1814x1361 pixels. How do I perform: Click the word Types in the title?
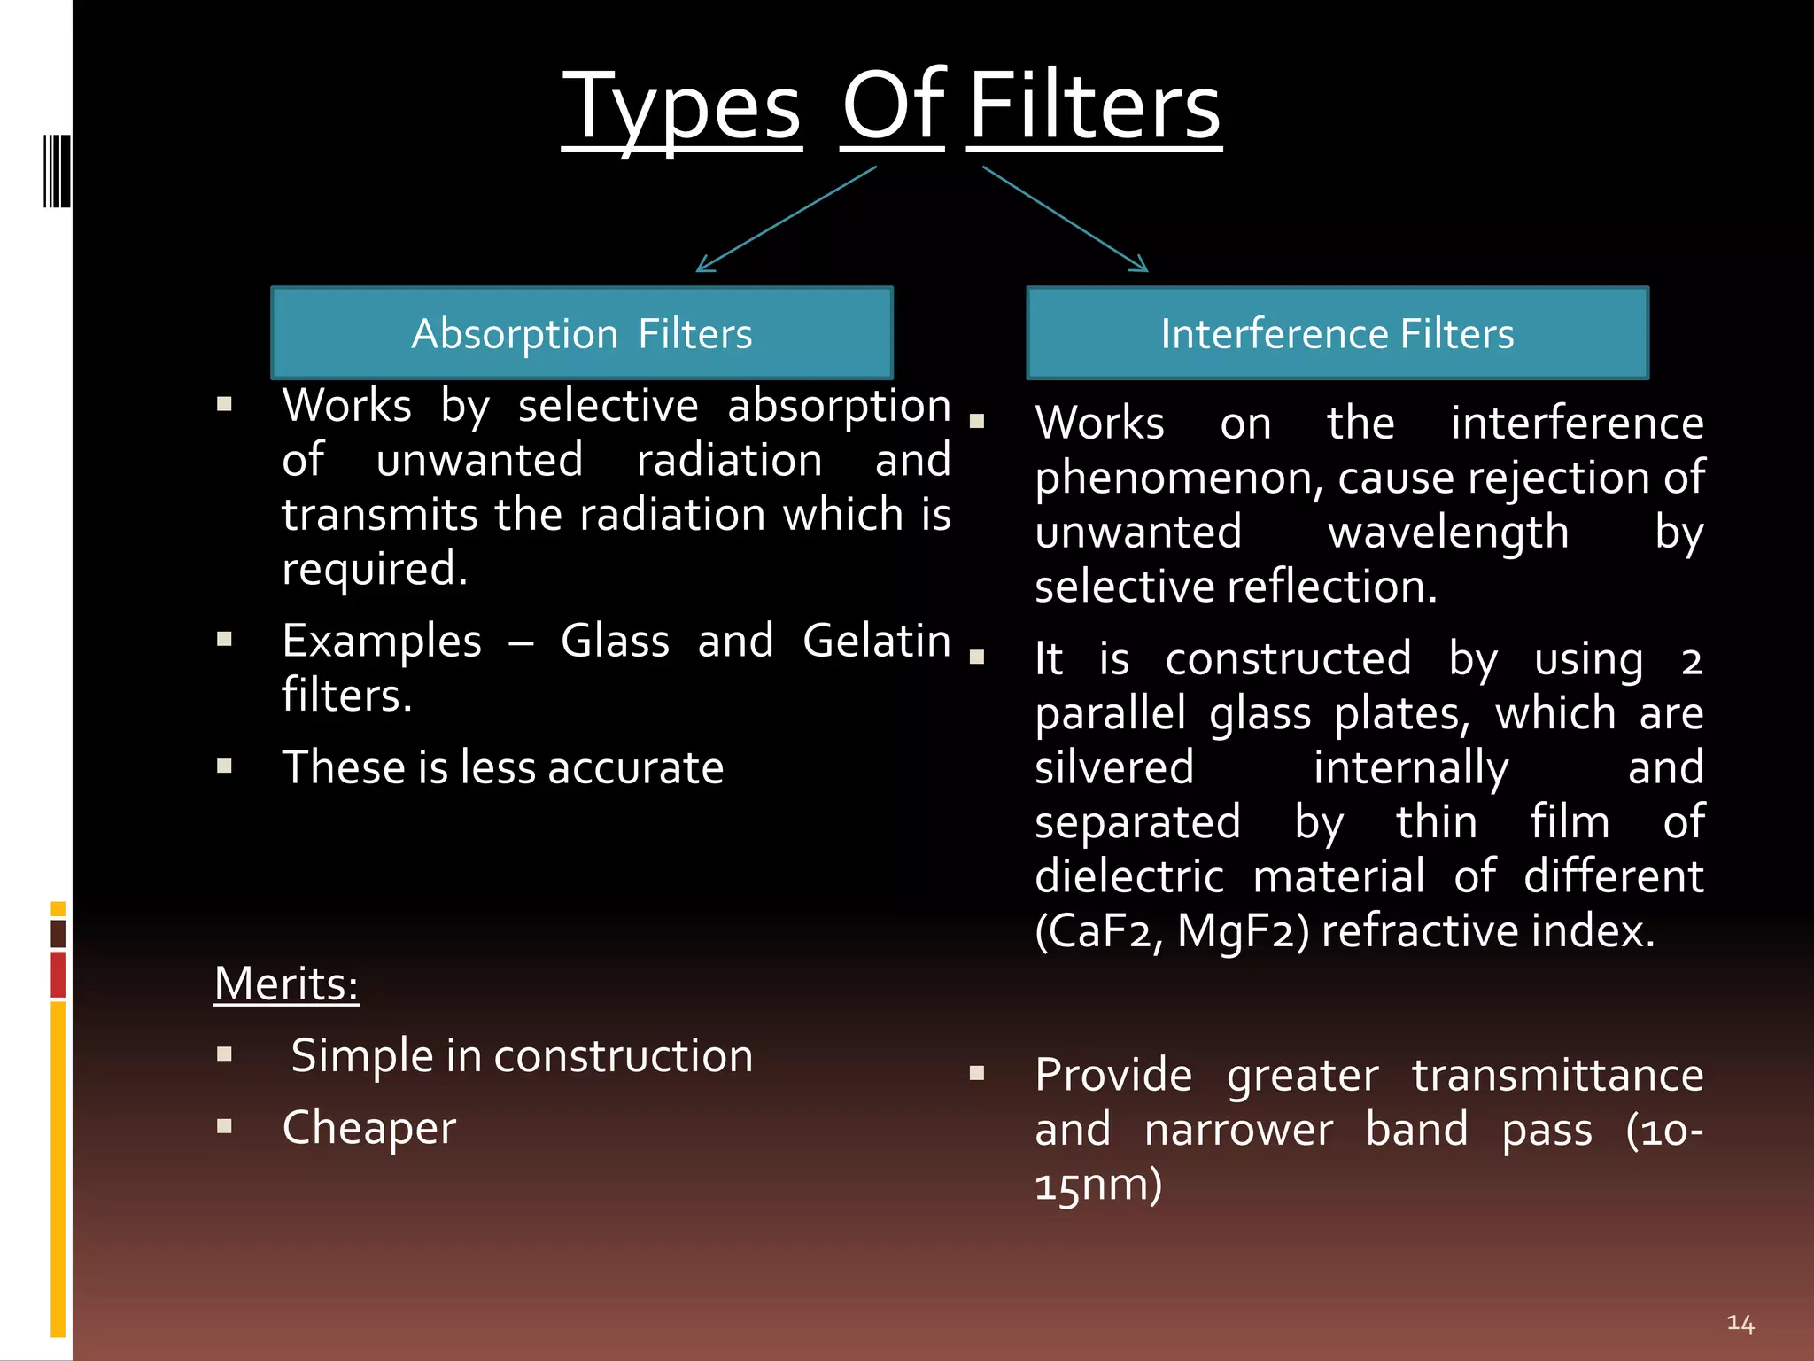tap(681, 108)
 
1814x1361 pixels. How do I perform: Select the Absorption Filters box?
tap(582, 333)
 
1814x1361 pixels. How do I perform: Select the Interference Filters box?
tap(1337, 333)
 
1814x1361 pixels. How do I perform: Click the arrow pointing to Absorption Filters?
tap(786, 219)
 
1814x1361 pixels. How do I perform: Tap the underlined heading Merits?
tap(286, 984)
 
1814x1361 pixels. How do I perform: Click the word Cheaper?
tap(368, 1128)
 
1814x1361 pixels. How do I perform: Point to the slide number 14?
tap(1740, 1324)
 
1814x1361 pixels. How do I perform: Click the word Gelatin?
tap(876, 641)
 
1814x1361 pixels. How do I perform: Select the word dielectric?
tap(1129, 876)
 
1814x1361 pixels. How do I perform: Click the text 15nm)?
tap(1098, 1185)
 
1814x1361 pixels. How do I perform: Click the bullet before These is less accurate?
tap(224, 766)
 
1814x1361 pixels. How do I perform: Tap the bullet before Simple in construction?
tap(224, 1054)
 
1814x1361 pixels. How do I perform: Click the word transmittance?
tap(1556, 1075)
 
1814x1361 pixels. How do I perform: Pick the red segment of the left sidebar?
tap(58, 975)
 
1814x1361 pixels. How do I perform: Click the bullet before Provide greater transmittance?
tap(977, 1074)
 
